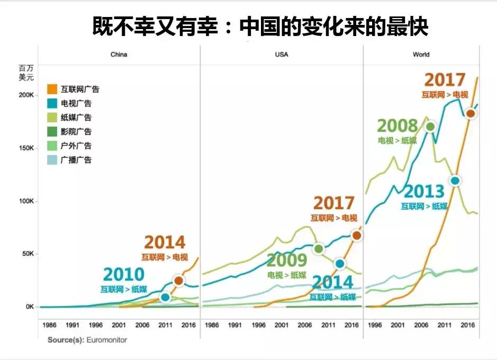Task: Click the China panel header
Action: [x=119, y=55]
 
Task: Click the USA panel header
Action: [x=282, y=55]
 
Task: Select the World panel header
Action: [x=421, y=55]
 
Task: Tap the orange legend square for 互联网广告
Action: [x=52, y=89]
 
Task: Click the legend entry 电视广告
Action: [x=76, y=103]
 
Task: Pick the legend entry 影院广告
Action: [x=76, y=131]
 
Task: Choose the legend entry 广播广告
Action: [x=76, y=159]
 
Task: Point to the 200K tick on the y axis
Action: [x=26, y=95]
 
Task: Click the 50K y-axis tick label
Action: [x=28, y=254]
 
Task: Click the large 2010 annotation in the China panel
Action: [x=123, y=274]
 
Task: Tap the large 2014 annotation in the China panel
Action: [x=165, y=242]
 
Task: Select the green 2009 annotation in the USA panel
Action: [x=286, y=260]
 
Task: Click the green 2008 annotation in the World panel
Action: [x=397, y=126]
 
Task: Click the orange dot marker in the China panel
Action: [x=178, y=281]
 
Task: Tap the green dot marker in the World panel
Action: [x=430, y=127]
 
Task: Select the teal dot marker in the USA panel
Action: [x=340, y=264]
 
